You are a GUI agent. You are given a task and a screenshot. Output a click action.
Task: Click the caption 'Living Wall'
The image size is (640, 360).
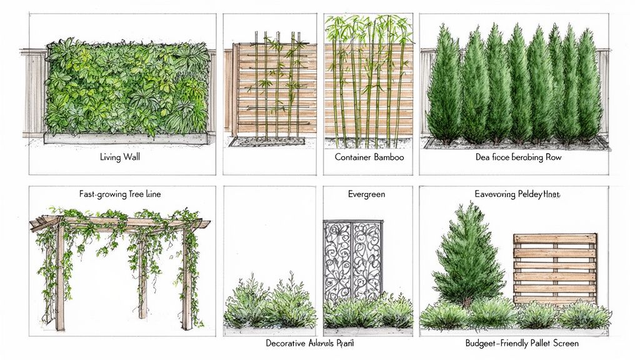coord(119,157)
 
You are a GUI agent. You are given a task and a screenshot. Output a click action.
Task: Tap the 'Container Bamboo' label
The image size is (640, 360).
coord(369,157)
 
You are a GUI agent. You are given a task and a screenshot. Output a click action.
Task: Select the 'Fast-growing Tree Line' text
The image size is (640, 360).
coord(120,194)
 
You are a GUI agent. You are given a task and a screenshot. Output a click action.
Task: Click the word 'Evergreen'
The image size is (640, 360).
coord(366,194)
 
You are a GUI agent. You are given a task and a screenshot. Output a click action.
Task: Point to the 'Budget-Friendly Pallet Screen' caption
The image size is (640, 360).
coord(522,343)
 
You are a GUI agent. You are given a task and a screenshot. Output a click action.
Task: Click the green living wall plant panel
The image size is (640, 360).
coord(128,87)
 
